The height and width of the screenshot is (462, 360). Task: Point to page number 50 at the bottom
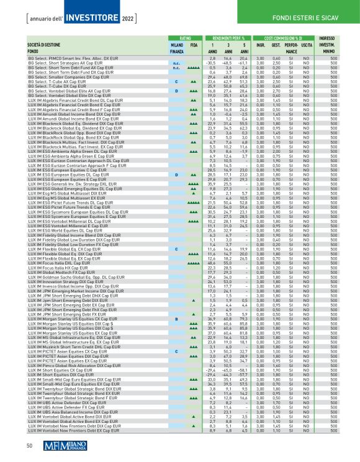click(29, 445)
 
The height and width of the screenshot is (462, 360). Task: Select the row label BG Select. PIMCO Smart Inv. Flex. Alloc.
click(81, 58)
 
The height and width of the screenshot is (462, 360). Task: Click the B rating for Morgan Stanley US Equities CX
click(176, 317)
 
